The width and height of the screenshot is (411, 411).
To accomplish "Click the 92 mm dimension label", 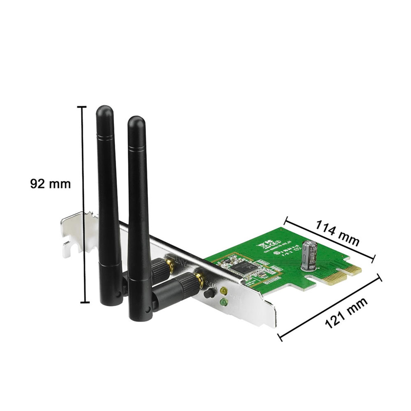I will pyautogui.click(x=50, y=183).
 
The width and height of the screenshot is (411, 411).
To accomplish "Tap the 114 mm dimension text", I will pyautogui.click(x=338, y=232).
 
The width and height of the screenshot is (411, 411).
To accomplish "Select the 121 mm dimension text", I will pyautogui.click(x=347, y=313).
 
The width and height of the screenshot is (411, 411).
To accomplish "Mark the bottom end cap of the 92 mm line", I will pyautogui.click(x=82, y=303).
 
